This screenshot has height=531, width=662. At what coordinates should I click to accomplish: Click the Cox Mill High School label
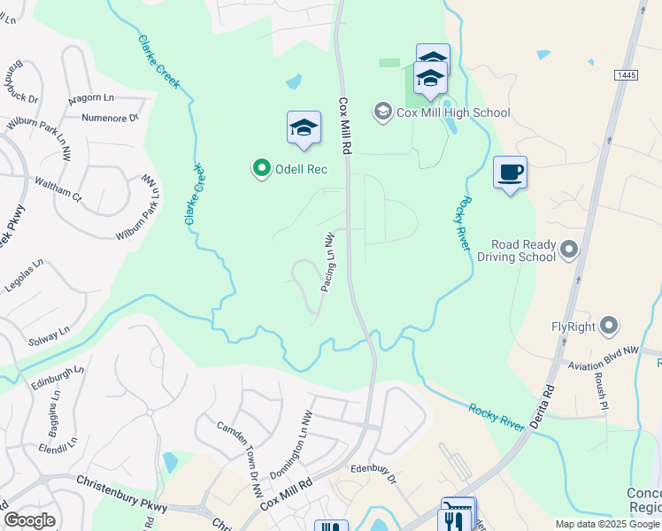[453, 112]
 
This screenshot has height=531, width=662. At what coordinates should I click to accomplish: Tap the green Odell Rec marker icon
[261, 167]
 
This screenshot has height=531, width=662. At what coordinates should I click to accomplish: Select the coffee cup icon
[510, 172]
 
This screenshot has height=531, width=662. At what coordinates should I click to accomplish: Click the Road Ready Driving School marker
[568, 250]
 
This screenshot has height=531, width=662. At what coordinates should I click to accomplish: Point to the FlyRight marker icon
[608, 327]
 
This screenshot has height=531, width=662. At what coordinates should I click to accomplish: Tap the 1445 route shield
[626, 76]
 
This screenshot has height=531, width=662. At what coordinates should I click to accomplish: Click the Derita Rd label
[542, 404]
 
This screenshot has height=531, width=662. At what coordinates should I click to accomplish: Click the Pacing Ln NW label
[327, 264]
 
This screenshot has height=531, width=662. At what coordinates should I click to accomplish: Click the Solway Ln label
[48, 335]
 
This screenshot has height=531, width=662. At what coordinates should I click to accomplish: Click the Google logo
[29, 519]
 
